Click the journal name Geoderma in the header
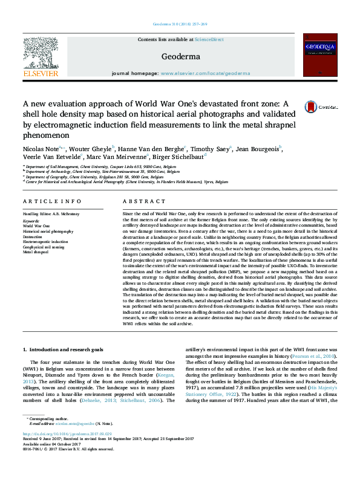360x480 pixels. click(x=180, y=56)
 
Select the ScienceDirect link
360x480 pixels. click(x=209, y=39)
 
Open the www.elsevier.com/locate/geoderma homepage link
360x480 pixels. click(x=205, y=73)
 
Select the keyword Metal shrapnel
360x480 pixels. click(x=36, y=251)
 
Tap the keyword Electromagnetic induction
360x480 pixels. click(x=46, y=242)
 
